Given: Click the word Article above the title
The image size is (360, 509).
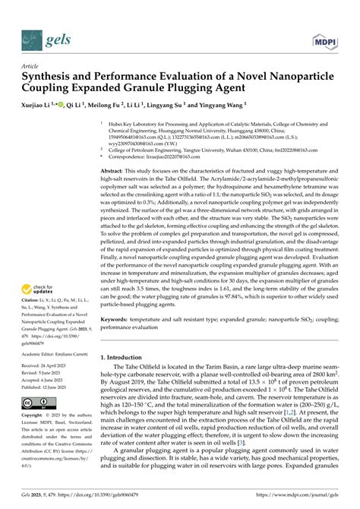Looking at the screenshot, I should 31,66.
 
